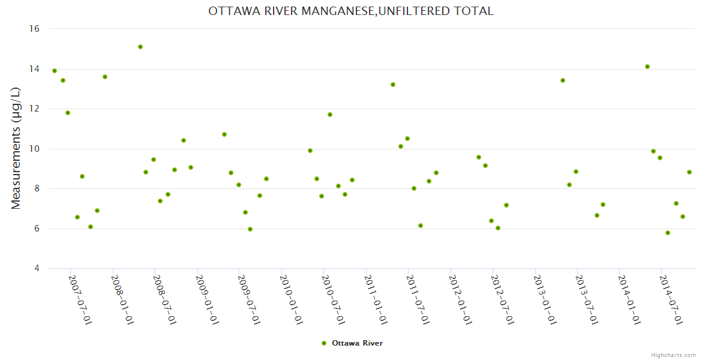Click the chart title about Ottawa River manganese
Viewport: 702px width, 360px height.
[351, 11]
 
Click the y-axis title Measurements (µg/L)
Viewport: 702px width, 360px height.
[16, 148]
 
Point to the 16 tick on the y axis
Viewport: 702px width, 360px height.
[34, 29]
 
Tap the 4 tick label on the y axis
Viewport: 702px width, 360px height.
[37, 268]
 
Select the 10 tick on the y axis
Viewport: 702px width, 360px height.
[34, 149]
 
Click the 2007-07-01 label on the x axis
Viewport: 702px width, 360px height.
[80, 299]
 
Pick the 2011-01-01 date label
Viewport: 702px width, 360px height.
[376, 299]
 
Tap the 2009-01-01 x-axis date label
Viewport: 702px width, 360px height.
[206, 299]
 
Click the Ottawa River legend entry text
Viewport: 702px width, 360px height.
[357, 343]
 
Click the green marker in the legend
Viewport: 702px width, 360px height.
[324, 343]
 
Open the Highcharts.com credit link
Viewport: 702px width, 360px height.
[673, 355]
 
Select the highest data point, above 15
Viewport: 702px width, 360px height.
[140, 47]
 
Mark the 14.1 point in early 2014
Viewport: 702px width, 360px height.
[647, 67]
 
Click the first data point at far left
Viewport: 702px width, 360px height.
[55, 71]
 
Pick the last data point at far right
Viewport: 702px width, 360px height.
[689, 172]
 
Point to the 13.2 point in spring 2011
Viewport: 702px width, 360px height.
[393, 85]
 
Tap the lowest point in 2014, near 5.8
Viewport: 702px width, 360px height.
[668, 233]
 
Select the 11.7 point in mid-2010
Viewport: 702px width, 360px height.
[330, 115]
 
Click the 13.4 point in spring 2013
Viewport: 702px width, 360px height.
[563, 80]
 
